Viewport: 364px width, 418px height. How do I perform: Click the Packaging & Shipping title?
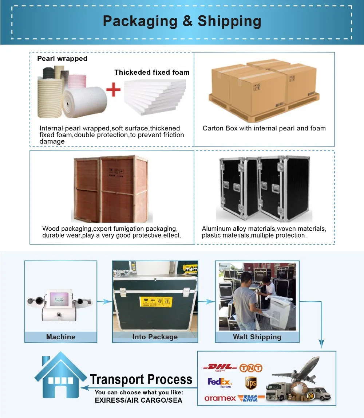(182, 21)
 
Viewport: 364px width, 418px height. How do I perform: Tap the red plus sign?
(113, 89)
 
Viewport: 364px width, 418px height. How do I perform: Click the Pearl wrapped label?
(62, 58)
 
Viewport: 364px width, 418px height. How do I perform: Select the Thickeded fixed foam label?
(152, 72)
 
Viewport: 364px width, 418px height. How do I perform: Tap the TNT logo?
(251, 367)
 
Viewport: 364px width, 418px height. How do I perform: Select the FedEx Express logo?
(219, 383)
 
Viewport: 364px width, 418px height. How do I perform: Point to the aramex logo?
(220, 398)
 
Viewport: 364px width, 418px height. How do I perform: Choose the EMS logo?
(251, 398)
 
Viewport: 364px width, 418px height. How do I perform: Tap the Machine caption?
(61, 337)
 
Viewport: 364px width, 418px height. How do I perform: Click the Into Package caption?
(155, 337)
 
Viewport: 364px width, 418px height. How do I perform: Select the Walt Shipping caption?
(257, 337)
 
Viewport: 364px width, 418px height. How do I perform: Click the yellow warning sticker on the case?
(155, 302)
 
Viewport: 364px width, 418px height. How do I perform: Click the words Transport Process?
(141, 379)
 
